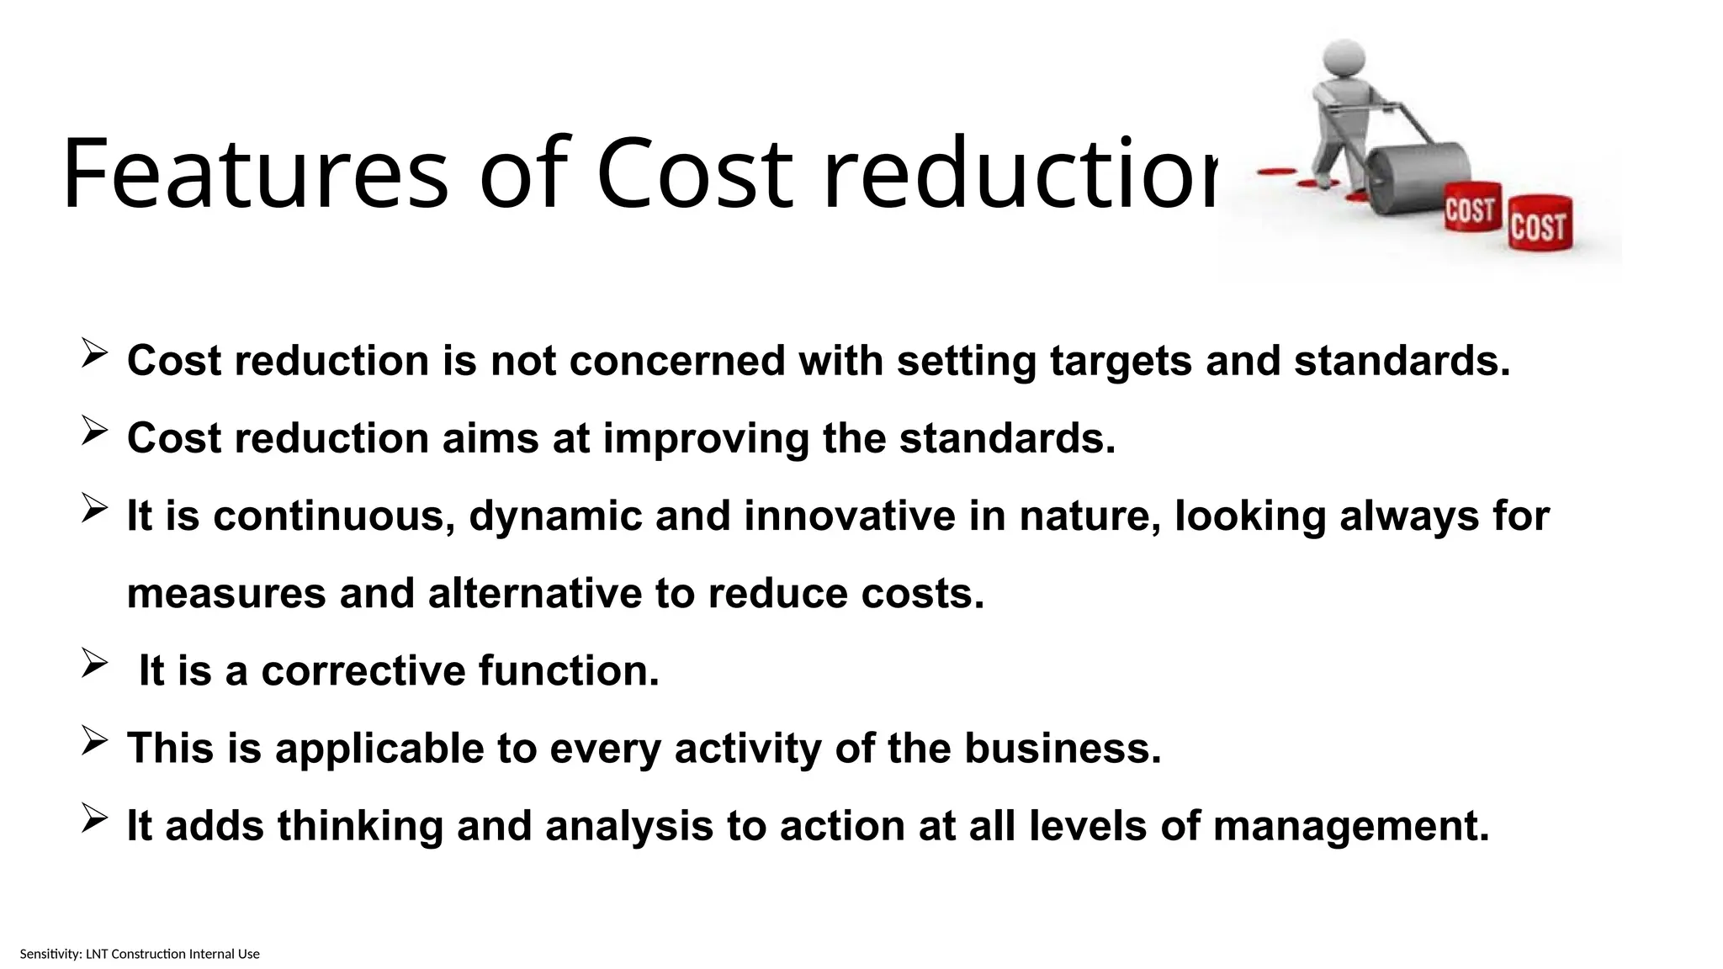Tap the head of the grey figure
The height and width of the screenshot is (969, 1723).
[1344, 61]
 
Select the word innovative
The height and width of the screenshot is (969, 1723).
[849, 516]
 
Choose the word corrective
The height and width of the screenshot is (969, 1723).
[363, 671]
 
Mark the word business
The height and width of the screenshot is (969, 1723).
[1062, 749]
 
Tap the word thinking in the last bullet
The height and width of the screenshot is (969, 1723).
[360, 826]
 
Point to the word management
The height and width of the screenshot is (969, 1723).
[1350, 826]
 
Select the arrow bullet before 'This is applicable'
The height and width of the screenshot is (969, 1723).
[94, 741]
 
